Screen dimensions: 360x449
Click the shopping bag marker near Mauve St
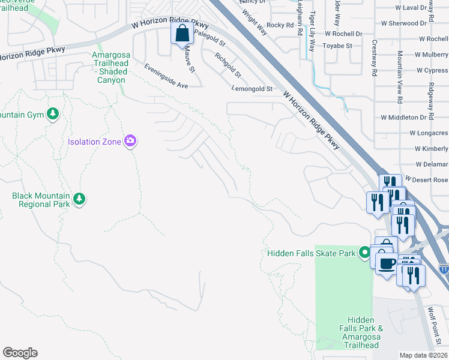tap(182, 34)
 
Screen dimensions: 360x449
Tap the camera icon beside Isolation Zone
tap(130, 142)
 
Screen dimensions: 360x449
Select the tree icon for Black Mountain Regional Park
tap(79, 198)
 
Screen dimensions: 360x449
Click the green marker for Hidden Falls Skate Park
tap(364, 253)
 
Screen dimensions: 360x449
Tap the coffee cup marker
tap(387, 262)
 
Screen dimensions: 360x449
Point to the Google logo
tap(20, 353)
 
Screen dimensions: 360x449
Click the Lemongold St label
tap(252, 89)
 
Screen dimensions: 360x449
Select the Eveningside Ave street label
tap(166, 76)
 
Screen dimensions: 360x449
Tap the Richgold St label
tap(229, 66)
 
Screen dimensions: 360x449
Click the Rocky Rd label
tap(280, 25)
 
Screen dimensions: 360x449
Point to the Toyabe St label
tap(337, 46)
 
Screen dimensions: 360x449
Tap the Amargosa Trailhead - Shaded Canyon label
tap(109, 67)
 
